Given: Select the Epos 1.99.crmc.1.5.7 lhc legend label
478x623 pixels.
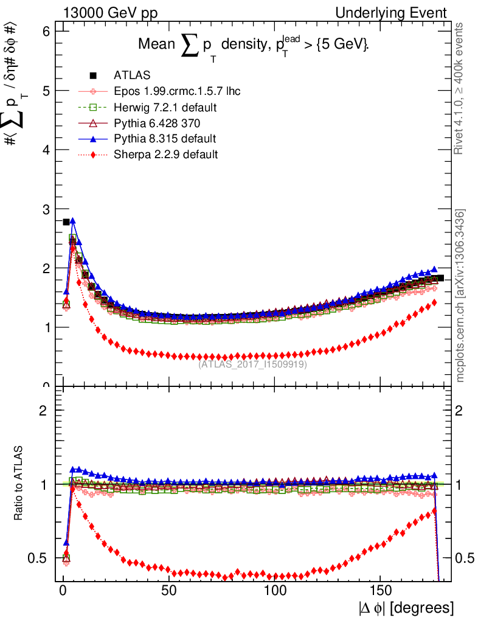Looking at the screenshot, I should (176, 91).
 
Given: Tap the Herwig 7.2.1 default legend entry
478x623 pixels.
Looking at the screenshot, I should (165, 107).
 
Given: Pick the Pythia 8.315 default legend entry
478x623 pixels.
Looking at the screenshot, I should (165, 139).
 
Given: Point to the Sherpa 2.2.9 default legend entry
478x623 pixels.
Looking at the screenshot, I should (165, 155).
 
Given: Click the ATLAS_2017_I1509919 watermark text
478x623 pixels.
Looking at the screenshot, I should (253, 364).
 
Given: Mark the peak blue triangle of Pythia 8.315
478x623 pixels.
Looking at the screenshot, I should (72, 221).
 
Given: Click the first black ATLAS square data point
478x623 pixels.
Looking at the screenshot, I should (66, 222).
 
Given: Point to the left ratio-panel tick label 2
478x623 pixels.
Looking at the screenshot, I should (43, 410).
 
